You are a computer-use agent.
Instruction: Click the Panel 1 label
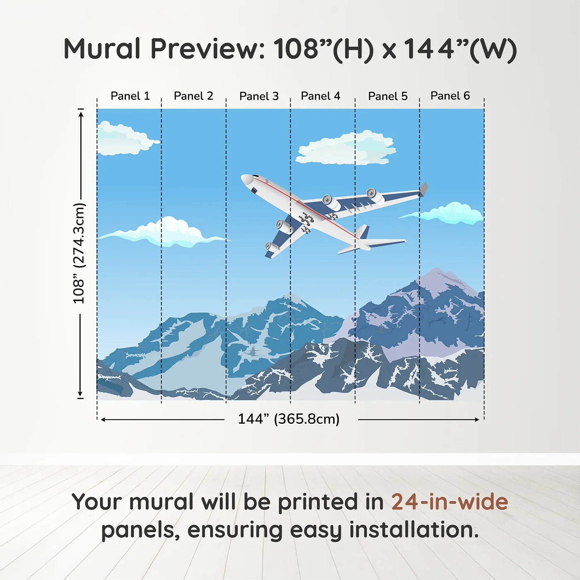[x=130, y=96]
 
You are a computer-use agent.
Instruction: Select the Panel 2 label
[x=193, y=96]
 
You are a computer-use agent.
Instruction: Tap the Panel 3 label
[x=259, y=96]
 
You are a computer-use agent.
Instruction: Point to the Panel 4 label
[x=320, y=96]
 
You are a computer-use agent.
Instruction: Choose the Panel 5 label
[x=388, y=96]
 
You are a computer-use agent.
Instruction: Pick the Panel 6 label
[x=450, y=96]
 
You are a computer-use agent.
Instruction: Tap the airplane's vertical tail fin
[x=362, y=232]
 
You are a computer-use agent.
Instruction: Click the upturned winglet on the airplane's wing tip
[x=423, y=189]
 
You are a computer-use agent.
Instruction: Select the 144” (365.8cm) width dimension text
[x=288, y=419]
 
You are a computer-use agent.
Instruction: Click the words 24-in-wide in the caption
[x=449, y=502]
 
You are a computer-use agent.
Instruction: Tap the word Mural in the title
[x=102, y=49]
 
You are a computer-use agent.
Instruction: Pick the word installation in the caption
[x=413, y=530]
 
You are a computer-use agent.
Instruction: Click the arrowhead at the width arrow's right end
[x=477, y=420]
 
